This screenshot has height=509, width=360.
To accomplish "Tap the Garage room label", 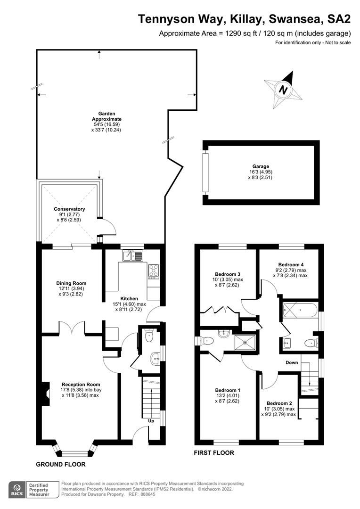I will (261, 166).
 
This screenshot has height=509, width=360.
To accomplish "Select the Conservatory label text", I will (69, 209).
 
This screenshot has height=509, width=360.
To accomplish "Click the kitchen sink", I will (132, 256).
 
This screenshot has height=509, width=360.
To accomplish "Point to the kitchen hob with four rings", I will (154, 270).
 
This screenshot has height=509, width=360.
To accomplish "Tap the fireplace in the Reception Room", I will (45, 393).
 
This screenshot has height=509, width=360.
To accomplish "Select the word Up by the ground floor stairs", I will (151, 420).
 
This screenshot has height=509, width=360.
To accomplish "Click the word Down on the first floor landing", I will (293, 362).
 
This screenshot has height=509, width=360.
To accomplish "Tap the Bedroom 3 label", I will (228, 274).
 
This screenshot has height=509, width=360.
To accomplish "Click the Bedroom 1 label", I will (228, 390).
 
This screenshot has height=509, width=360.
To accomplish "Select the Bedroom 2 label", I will (279, 403).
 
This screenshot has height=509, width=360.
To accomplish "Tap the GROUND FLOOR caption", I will (61, 464).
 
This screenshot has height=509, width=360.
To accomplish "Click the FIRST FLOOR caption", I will (214, 453).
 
